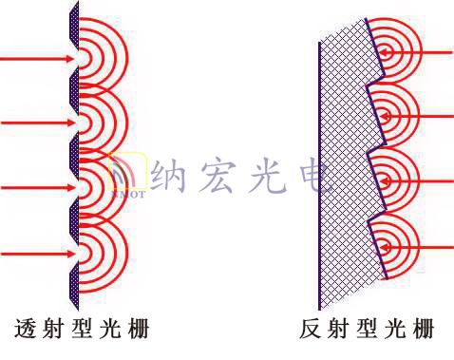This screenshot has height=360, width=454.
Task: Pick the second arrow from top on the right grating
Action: coord(418,116)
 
